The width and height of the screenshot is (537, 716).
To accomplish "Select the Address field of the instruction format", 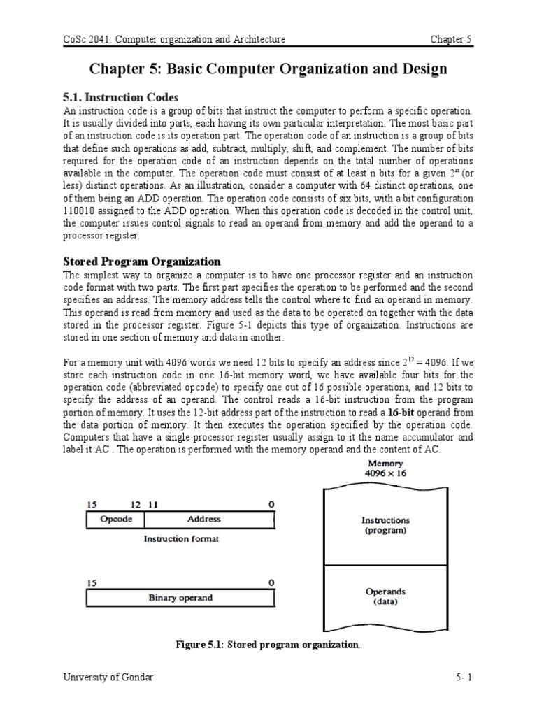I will (x=204, y=520).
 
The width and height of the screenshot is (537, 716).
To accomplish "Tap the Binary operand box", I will (x=180, y=598).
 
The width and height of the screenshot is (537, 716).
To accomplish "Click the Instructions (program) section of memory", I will (x=385, y=524).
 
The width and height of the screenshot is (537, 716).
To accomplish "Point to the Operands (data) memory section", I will (x=385, y=596).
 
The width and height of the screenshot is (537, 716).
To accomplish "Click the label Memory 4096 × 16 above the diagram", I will (x=385, y=468).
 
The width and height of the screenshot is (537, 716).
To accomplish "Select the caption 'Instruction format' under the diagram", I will (x=181, y=539).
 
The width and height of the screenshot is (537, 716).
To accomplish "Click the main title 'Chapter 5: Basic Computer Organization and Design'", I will (x=268, y=70).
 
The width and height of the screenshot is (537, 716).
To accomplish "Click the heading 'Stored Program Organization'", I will (x=142, y=262).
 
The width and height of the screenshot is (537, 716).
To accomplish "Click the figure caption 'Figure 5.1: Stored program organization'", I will (x=268, y=645).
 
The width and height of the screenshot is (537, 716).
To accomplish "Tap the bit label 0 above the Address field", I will (x=271, y=504).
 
